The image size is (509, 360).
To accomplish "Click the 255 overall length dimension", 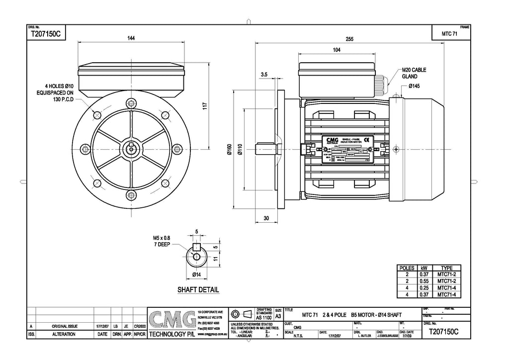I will coord(349,39).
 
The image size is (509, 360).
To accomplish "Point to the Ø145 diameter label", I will coord(415,86).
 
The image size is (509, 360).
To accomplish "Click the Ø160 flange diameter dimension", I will coord(229,149).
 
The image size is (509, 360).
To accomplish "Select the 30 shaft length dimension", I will coord(266,218).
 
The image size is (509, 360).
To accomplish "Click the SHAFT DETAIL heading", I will coord(198,289).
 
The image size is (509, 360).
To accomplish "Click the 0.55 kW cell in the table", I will coord(424,281).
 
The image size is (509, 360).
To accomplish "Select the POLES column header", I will coord(407,268).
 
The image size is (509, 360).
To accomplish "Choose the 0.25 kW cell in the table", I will coord(424,287).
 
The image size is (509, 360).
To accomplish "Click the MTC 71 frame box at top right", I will coord(449,34).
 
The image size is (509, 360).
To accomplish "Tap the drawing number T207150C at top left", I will coord(45,34).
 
